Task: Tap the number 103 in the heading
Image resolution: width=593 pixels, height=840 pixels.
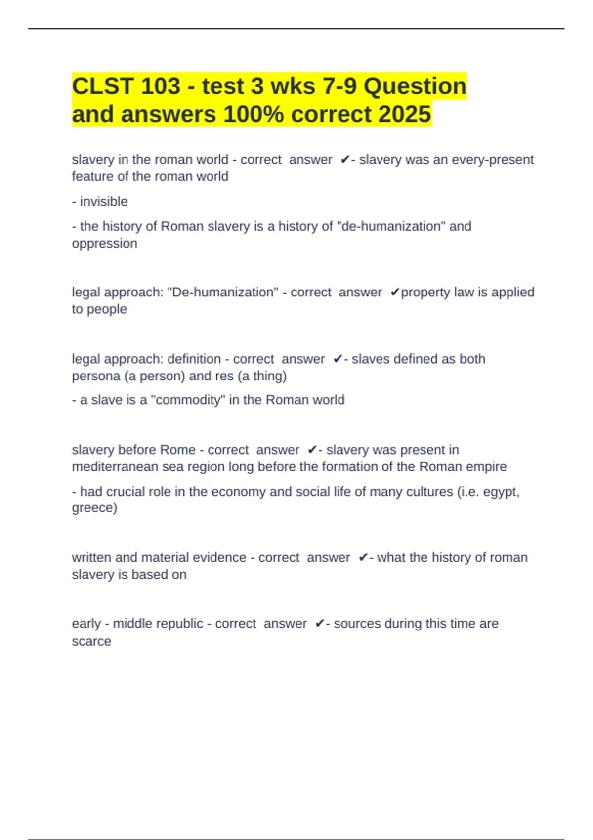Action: pyautogui.click(x=161, y=86)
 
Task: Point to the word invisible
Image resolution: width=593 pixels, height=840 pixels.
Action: pyautogui.click(x=104, y=202)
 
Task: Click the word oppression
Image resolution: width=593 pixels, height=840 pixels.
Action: pyautogui.click(x=104, y=244)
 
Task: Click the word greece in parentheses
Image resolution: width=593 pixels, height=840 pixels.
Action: pyautogui.click(x=94, y=508)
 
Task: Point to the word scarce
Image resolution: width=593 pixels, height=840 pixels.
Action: pyautogui.click(x=91, y=641)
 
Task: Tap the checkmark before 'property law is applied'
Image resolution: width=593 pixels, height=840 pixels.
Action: pyautogui.click(x=394, y=293)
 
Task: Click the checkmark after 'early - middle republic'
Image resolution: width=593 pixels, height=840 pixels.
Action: pyautogui.click(x=320, y=624)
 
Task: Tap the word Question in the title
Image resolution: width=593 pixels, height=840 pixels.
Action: pyautogui.click(x=415, y=86)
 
